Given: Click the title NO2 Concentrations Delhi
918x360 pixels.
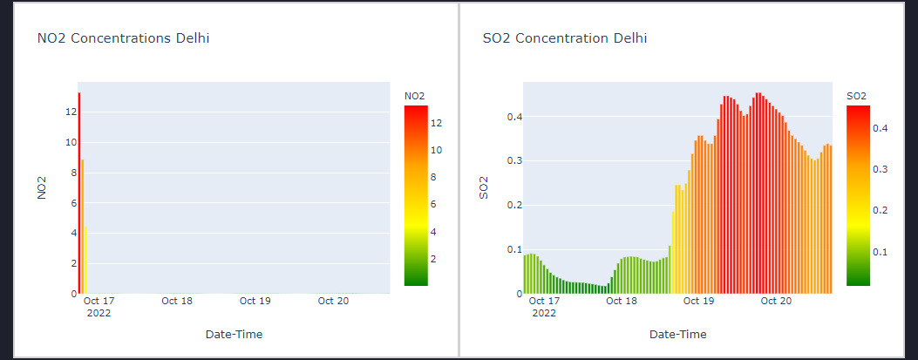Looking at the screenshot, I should point(123,38).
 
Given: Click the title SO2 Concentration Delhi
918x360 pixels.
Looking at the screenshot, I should point(565,38).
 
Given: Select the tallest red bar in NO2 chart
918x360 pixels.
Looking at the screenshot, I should point(78,192).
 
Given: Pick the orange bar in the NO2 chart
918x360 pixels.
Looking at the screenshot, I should point(82,227).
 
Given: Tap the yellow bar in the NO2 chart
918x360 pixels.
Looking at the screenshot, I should point(85,260).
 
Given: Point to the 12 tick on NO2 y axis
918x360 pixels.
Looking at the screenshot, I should point(72,112).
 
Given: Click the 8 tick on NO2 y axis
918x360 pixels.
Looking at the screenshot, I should point(72,173).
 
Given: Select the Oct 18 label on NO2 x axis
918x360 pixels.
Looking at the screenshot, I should point(177,301).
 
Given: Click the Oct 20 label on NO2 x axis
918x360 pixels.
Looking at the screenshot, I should point(333,301).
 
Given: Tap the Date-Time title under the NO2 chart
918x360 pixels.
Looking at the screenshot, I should point(234,334).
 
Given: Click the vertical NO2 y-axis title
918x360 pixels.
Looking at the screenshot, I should point(41,187).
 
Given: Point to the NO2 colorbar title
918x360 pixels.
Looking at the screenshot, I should point(415,95).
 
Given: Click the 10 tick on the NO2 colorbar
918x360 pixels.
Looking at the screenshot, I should point(437,150).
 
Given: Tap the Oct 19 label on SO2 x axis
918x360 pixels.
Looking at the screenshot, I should point(698,301).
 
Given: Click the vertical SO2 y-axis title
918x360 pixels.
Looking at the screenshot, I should point(485,187).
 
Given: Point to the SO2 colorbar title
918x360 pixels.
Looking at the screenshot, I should point(857,95).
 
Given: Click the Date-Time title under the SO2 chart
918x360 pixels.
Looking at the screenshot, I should point(677,334).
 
